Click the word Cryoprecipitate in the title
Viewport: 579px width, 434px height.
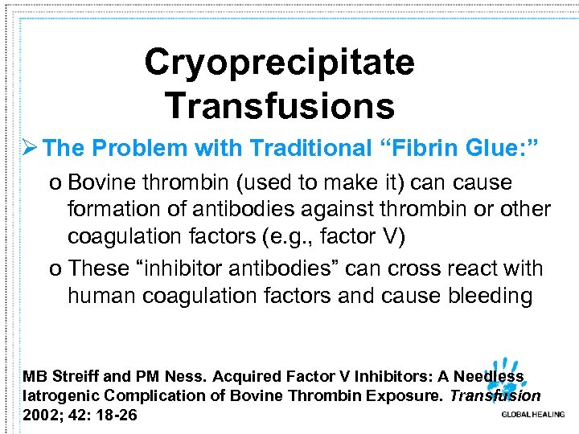[279, 63]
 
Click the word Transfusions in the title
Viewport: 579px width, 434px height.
[279, 105]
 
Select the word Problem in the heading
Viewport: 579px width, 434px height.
[138, 148]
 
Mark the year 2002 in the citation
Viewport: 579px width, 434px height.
[42, 415]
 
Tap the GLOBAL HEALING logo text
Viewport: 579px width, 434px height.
[532, 414]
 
